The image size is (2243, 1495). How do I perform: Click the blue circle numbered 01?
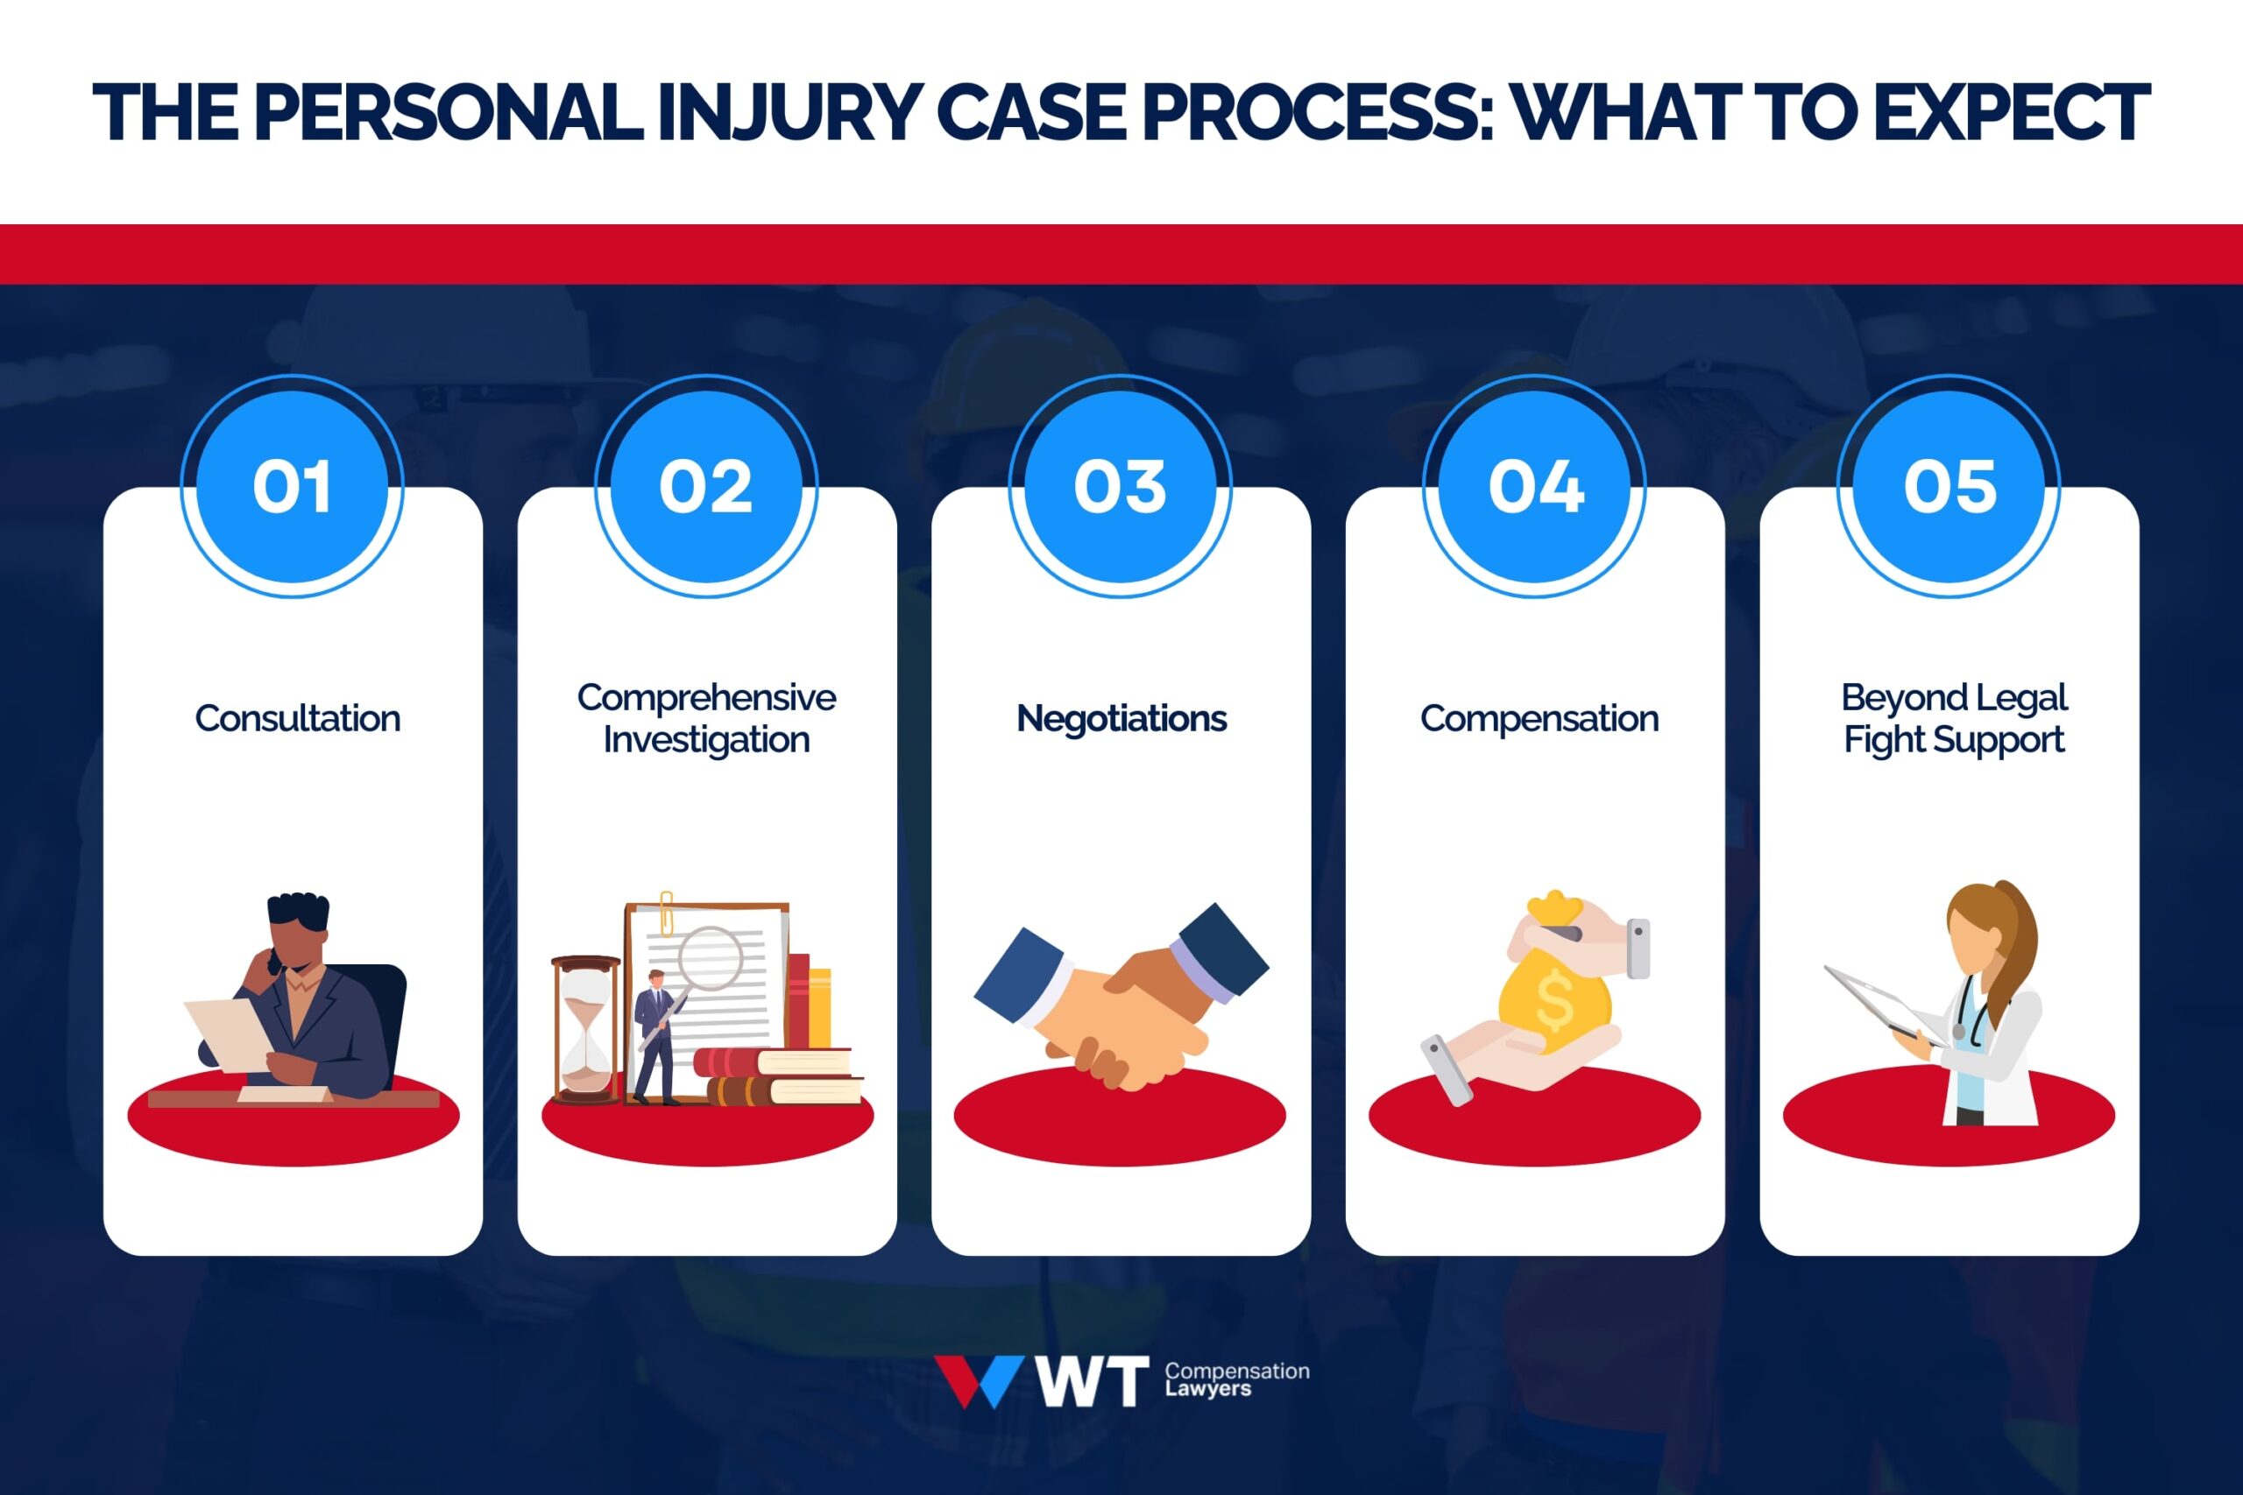click(x=293, y=486)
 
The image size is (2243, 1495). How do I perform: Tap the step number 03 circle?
click(x=1121, y=486)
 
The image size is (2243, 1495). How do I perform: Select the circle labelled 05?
click(x=1949, y=486)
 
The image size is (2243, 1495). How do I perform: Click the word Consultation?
click(x=298, y=718)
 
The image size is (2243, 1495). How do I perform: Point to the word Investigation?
click(x=705, y=740)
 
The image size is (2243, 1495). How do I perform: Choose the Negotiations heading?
click(x=1121, y=718)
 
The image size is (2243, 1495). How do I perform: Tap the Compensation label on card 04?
click(x=1539, y=718)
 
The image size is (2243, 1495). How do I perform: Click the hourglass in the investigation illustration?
click(x=584, y=1030)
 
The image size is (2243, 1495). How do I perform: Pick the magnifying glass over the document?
click(x=710, y=958)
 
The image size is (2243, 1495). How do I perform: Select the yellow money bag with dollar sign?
click(x=1553, y=1001)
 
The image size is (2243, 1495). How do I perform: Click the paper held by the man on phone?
click(x=229, y=1034)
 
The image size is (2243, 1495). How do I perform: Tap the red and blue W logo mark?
click(x=979, y=1380)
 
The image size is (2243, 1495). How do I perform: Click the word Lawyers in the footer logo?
click(x=1207, y=1389)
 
